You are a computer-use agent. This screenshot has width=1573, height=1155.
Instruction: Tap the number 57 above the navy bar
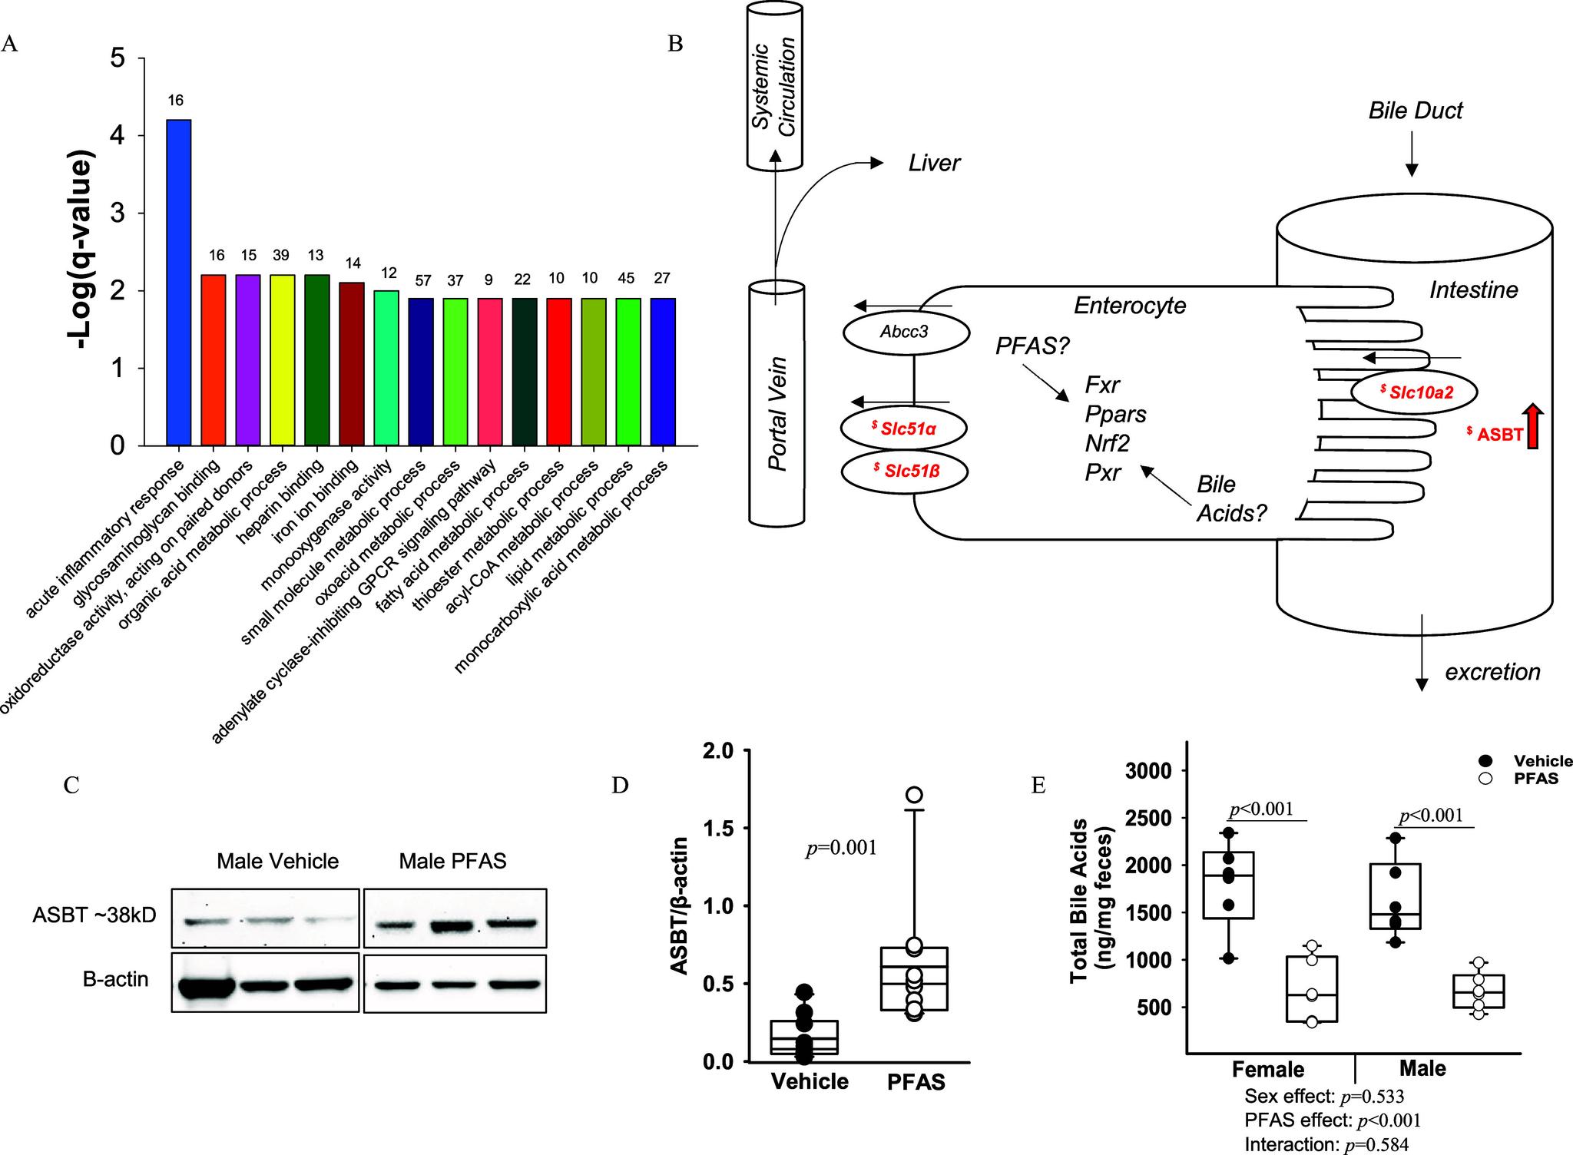(x=420, y=279)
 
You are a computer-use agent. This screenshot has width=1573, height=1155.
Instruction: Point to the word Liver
(x=934, y=164)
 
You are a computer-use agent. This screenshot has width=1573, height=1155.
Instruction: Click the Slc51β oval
(x=903, y=472)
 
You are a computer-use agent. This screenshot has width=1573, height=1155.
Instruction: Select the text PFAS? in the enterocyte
(x=1032, y=346)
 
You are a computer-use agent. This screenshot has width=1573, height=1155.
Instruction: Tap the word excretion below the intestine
(x=1492, y=672)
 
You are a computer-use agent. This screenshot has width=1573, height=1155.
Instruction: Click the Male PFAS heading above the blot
(x=452, y=861)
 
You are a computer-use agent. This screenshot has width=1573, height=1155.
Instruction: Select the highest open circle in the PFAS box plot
(x=914, y=794)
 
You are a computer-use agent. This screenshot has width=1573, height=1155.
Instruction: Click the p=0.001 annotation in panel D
(x=841, y=848)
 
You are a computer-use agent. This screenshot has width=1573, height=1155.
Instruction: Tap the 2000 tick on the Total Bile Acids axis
(x=1152, y=865)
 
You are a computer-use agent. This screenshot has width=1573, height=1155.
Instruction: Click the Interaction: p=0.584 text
(x=1326, y=1144)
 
